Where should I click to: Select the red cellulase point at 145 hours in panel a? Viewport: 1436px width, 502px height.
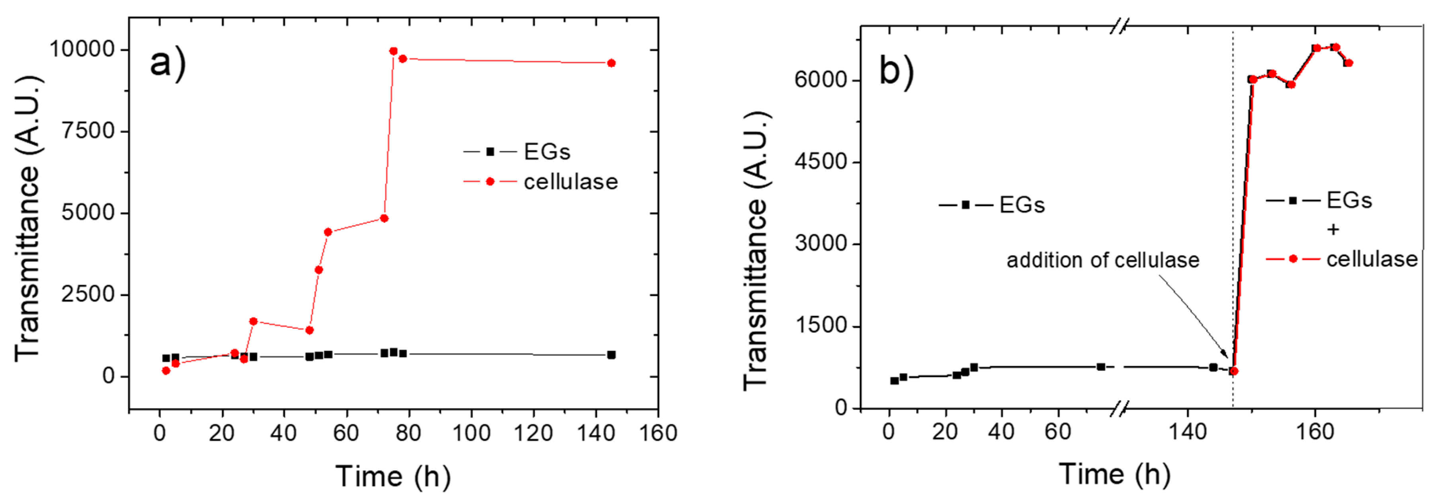[x=611, y=63]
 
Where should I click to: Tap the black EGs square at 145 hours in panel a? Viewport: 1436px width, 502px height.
[x=611, y=355]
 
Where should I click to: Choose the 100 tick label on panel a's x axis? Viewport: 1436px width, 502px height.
[x=471, y=433]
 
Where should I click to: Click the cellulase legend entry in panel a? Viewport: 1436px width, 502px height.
[x=570, y=182]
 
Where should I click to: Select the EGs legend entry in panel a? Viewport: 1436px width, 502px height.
[x=546, y=152]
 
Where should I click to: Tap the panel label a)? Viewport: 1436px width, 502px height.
[x=167, y=62]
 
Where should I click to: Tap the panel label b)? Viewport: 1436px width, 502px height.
[x=897, y=71]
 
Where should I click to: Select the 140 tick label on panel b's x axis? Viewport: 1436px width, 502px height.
[x=1187, y=432]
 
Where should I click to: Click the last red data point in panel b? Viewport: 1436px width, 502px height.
[x=1348, y=63]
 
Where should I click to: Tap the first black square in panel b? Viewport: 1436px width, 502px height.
[x=894, y=381]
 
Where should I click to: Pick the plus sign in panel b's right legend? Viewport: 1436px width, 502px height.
[x=1333, y=230]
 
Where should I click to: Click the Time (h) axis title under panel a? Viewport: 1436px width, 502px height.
[x=393, y=477]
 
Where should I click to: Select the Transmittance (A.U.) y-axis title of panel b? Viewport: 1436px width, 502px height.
[x=757, y=251]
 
